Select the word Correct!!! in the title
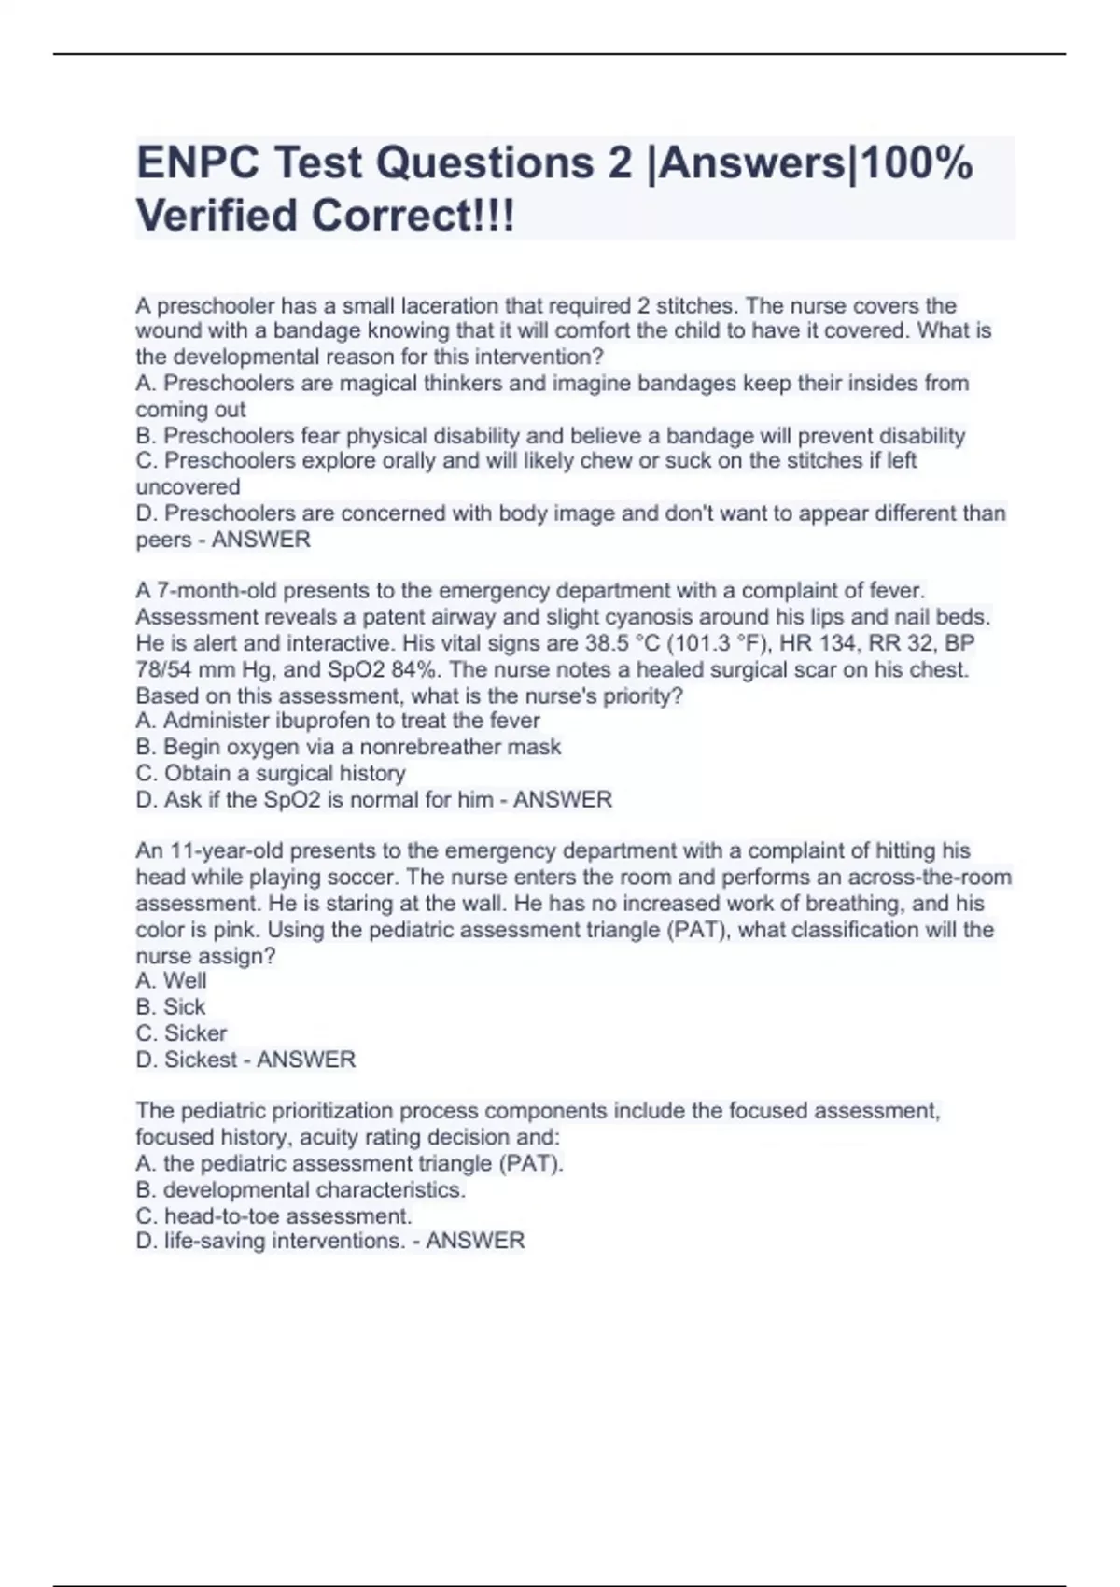[413, 217]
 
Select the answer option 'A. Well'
[172, 980]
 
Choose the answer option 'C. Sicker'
[181, 1033]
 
